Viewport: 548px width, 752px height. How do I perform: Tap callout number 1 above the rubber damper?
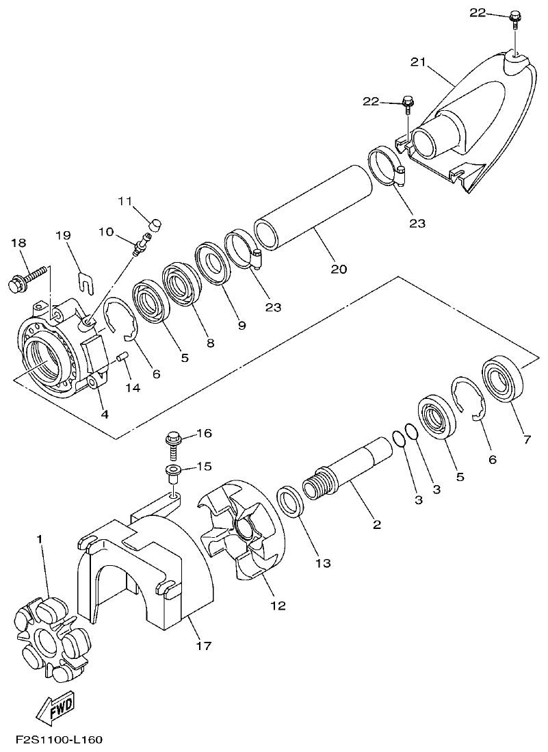[40, 540]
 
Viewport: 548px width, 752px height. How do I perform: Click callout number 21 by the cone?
[419, 62]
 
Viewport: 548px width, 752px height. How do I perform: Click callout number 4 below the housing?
[104, 414]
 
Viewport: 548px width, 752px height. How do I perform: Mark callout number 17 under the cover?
[204, 645]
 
